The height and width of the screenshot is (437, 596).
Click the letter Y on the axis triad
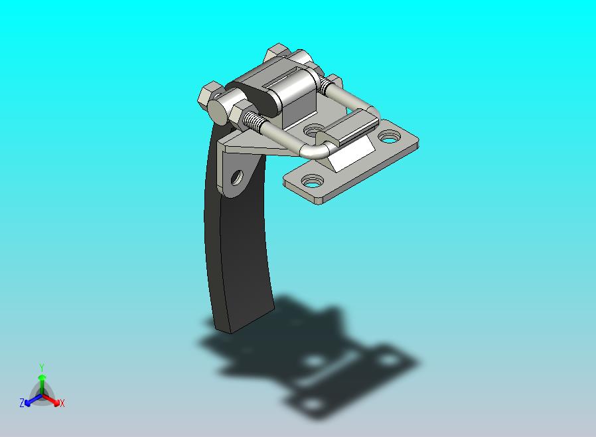point(42,367)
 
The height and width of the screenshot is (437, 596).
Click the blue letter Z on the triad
point(22,402)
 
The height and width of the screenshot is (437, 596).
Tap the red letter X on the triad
point(62,403)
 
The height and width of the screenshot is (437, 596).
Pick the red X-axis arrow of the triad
point(50,399)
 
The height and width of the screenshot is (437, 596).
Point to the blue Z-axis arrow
point(33,400)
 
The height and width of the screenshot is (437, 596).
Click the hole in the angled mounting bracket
point(237,177)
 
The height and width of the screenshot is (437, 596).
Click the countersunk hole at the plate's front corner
point(313,181)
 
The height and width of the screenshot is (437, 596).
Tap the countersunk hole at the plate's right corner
point(389,136)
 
